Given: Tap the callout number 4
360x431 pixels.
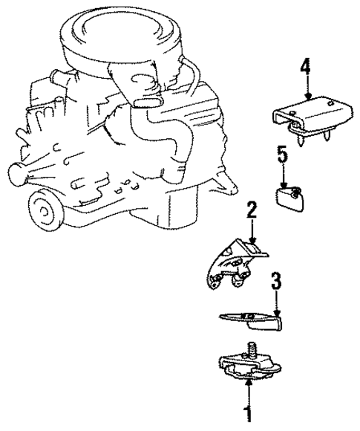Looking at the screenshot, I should (304, 66).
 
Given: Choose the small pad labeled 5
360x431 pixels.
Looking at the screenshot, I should (289, 196).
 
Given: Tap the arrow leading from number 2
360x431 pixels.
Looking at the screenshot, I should (252, 230).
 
